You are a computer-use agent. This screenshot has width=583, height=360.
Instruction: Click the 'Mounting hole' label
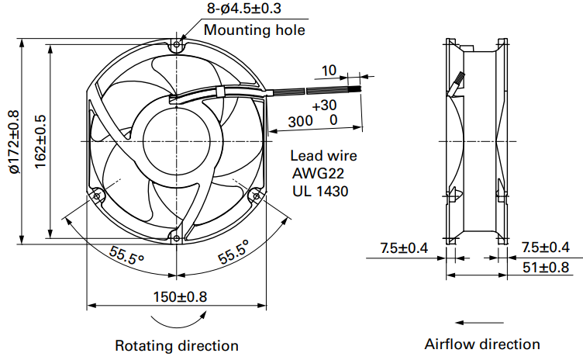[x=254, y=30]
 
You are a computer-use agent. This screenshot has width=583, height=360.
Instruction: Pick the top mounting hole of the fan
[x=178, y=43]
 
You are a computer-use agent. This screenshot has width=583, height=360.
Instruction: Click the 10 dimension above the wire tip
[x=329, y=71]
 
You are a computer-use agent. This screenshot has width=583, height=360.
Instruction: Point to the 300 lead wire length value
[x=301, y=121]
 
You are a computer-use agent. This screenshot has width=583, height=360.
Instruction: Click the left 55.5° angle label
[x=126, y=255]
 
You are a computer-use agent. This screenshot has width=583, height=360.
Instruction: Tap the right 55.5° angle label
[x=233, y=253]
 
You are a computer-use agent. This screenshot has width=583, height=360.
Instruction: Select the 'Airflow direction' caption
[x=482, y=344]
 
